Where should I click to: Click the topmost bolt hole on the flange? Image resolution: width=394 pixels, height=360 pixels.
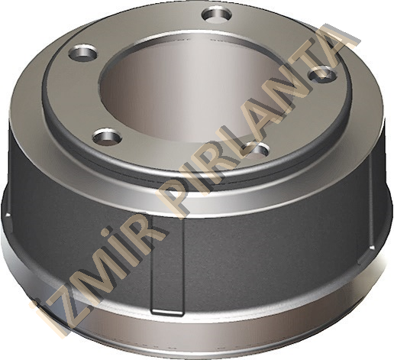point(217,15)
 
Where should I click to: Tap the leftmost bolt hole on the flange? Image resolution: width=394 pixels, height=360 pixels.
point(83,54)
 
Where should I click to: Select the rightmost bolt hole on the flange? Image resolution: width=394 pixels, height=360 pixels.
point(322,74)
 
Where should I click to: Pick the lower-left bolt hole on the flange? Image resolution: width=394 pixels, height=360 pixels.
point(107,138)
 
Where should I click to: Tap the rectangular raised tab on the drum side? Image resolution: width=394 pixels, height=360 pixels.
point(167,265)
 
